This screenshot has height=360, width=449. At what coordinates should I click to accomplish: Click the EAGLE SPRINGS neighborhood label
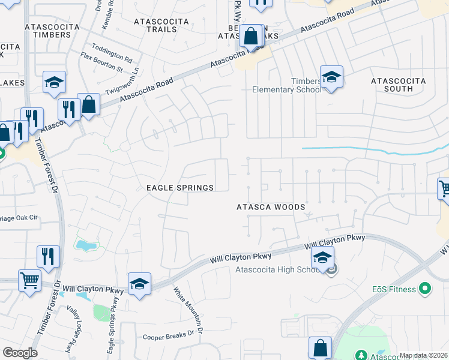(x=180, y=188)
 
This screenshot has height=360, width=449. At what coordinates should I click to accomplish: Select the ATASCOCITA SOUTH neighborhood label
(x=398, y=85)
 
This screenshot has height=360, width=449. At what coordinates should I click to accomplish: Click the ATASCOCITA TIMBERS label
(x=47, y=31)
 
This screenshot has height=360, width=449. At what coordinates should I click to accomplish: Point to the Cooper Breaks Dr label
(x=170, y=337)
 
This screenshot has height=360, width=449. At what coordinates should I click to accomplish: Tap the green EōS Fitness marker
(x=425, y=289)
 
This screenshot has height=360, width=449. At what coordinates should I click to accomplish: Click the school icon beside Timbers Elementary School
(x=331, y=77)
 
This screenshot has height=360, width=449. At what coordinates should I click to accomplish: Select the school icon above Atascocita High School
(x=322, y=258)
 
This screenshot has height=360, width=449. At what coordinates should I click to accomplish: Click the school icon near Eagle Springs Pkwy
(x=139, y=283)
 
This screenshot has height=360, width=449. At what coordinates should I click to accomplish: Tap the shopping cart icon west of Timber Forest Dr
(x=29, y=280)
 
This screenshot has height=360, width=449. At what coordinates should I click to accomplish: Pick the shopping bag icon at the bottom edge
(x=320, y=347)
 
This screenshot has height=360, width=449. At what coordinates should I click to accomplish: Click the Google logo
(x=20, y=353)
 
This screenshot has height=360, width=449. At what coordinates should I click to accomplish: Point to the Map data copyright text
(x=423, y=355)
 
